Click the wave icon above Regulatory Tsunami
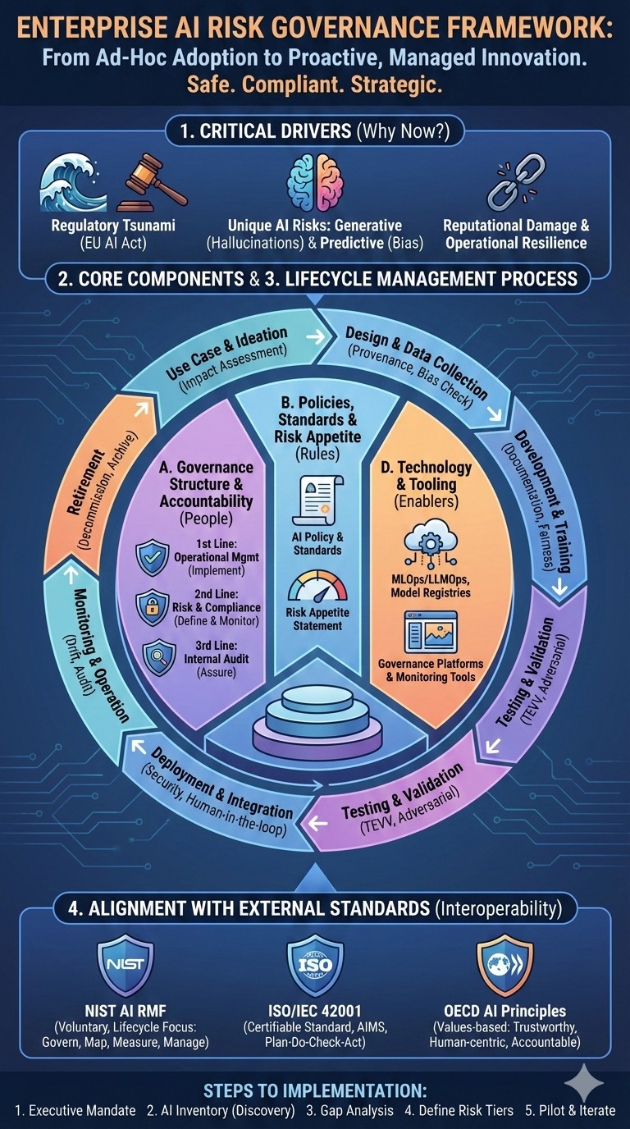point(74,183)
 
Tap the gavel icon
point(151,186)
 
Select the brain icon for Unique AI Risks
point(316,182)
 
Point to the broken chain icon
point(515,184)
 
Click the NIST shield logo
point(125,963)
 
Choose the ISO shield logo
point(316,964)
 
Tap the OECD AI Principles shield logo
point(505,964)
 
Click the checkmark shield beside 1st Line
point(153,559)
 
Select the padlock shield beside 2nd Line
point(153,607)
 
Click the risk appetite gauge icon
point(317,587)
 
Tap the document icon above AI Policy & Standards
point(317,501)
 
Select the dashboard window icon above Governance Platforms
point(431,631)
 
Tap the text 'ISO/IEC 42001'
point(315,1011)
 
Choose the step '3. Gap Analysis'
point(349,1110)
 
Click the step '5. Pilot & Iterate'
point(570,1110)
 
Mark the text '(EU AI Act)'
point(113,244)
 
